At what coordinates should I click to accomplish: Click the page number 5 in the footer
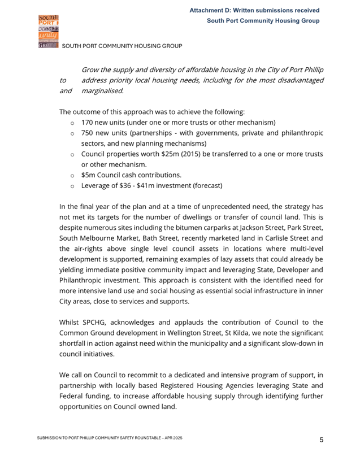321,439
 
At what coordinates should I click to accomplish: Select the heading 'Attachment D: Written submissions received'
254,10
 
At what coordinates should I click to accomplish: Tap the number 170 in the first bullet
88,122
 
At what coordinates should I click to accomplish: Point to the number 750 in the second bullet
88,133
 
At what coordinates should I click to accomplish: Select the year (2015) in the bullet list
204,154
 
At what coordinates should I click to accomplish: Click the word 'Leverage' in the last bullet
98,185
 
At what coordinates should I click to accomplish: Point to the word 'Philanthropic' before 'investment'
85,280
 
